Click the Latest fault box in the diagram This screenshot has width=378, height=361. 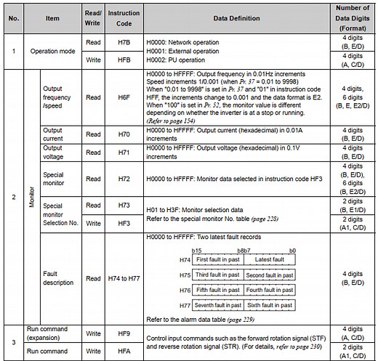(270, 259)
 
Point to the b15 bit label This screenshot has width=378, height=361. (196, 251)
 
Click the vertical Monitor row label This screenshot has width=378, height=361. (31, 195)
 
